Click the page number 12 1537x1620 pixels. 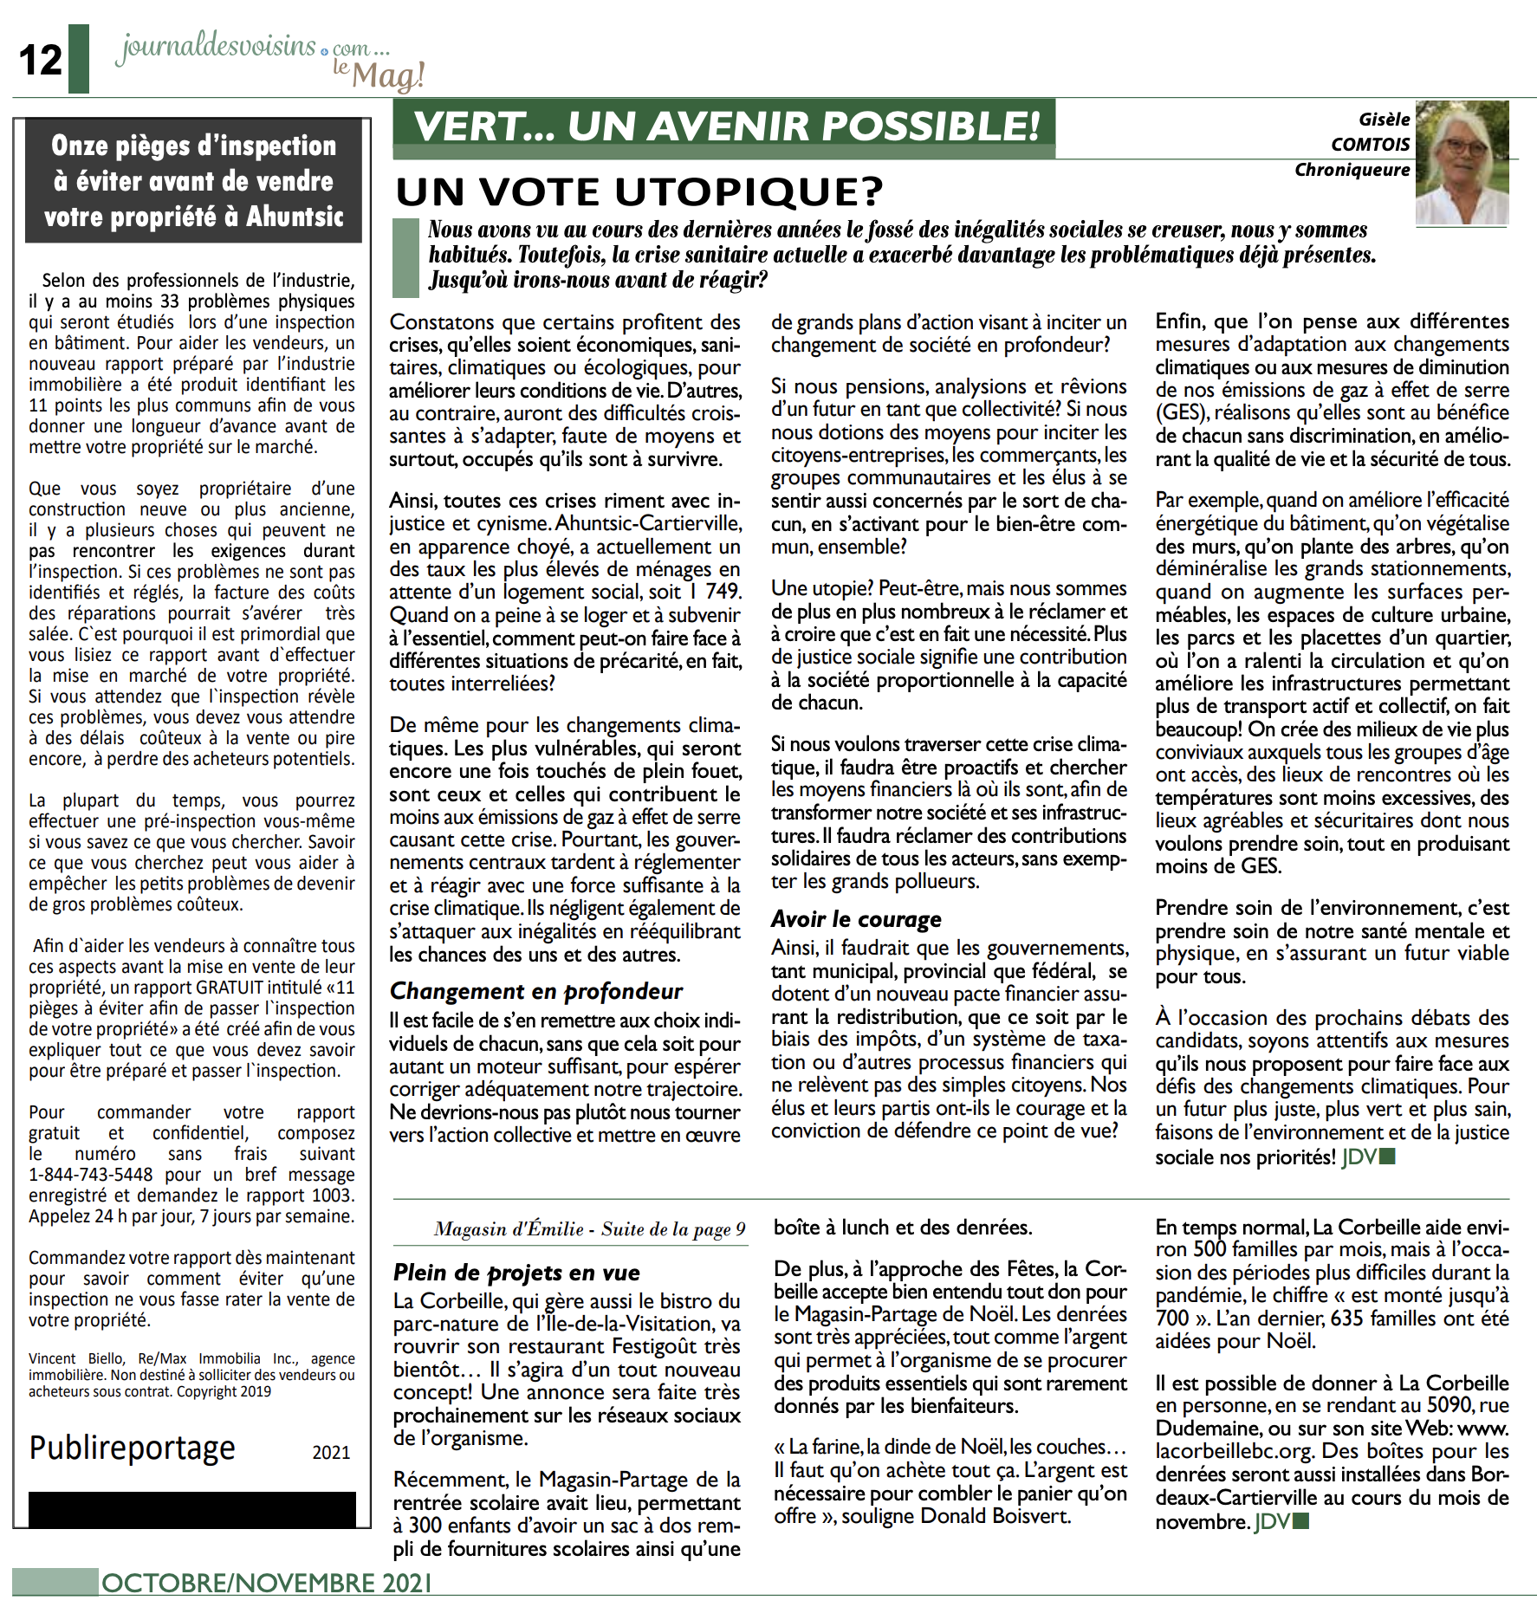[x=41, y=61]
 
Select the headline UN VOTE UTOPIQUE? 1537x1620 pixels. [x=639, y=192]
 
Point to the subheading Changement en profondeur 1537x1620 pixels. [x=535, y=991]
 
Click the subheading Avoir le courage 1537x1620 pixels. [x=856, y=919]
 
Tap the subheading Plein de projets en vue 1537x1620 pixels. [x=516, y=1273]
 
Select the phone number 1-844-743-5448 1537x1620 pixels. [x=91, y=1175]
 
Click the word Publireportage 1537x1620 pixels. [x=133, y=1448]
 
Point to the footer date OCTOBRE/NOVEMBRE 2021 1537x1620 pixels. [x=267, y=1584]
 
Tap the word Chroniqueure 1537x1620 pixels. [x=1352, y=170]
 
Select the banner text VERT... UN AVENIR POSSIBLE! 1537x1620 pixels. [x=726, y=126]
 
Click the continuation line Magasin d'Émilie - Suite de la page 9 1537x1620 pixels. [x=589, y=1229]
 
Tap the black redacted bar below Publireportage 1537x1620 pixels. [x=191, y=1509]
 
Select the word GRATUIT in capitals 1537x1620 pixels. [x=230, y=988]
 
